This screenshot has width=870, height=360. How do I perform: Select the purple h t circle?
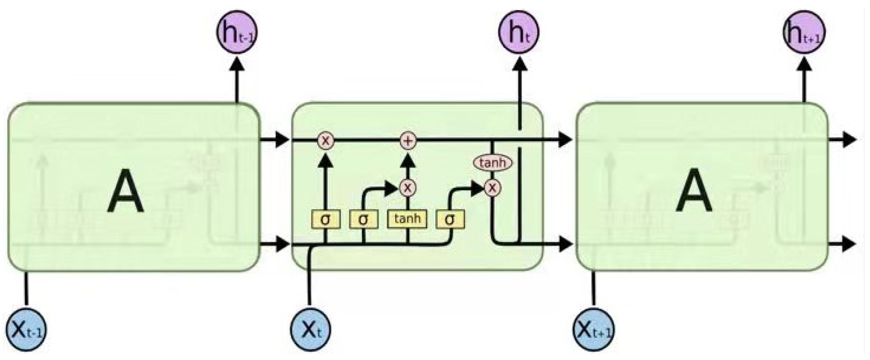(x=519, y=32)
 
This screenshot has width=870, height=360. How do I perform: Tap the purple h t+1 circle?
(x=804, y=32)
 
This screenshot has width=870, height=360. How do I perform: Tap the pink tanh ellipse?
(x=493, y=163)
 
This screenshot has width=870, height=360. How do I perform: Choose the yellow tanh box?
(x=408, y=219)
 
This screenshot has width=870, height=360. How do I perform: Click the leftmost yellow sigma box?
(x=326, y=220)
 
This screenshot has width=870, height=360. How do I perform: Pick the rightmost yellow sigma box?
(x=450, y=220)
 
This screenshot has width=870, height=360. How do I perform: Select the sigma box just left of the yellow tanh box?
(x=363, y=220)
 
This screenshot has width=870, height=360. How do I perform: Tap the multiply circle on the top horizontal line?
(x=326, y=140)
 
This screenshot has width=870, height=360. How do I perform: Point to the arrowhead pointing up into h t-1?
(x=237, y=64)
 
